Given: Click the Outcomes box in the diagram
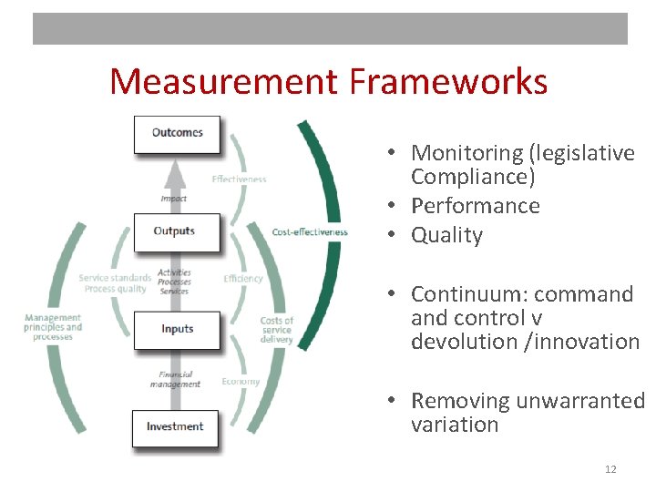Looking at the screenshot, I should click(x=177, y=133).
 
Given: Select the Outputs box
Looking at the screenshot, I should click(x=176, y=231).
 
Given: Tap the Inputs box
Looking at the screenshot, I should click(x=177, y=329).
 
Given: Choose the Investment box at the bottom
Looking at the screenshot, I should click(x=175, y=427).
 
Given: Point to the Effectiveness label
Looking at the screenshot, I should click(x=239, y=179).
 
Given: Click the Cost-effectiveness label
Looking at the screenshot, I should click(x=310, y=232).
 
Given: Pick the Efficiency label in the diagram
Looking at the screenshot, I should click(x=242, y=279).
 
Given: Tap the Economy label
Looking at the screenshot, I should click(x=241, y=382).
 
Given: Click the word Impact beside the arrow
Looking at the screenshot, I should click(x=173, y=199).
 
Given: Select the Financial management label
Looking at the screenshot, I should click(x=175, y=379).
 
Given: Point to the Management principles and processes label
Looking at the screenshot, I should click(x=53, y=327).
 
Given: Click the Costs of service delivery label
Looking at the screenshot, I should click(x=276, y=330).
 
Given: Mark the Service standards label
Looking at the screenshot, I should click(x=115, y=278).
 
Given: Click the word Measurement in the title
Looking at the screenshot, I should click(x=224, y=82).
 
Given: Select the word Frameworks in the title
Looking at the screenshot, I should click(x=448, y=82).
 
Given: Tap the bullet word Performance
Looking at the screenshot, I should click(x=475, y=206).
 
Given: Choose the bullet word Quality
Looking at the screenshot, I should click(x=446, y=235).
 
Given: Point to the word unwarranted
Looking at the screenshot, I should click(x=579, y=401).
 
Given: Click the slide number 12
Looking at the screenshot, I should click(x=610, y=469).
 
